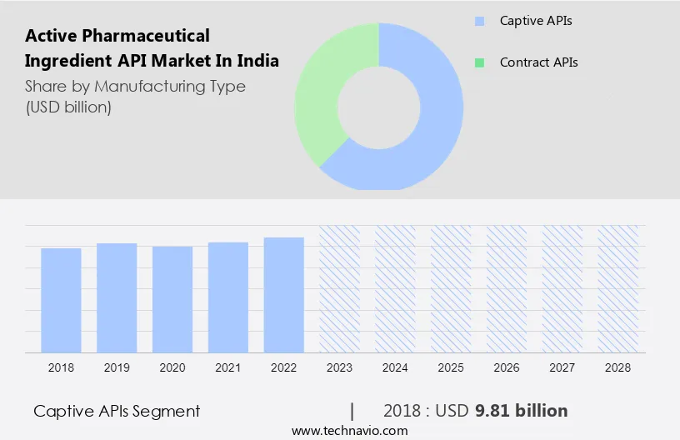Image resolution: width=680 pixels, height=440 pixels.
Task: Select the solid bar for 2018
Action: [x=61, y=300]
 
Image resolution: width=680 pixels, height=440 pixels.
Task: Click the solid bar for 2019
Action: [x=117, y=297]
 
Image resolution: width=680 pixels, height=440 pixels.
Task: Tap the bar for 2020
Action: [x=172, y=299]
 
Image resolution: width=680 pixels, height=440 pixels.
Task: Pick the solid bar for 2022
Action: [x=284, y=294]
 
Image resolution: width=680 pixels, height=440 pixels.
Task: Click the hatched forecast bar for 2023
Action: [x=340, y=288]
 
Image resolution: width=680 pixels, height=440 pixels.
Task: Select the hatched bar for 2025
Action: [x=451, y=288]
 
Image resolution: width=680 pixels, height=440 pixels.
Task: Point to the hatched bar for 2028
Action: [x=618, y=288]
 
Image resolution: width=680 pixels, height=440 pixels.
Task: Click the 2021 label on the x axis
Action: [x=228, y=367]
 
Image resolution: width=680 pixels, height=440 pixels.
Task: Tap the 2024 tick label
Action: [x=395, y=367]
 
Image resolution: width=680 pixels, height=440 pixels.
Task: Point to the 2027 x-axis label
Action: [x=562, y=367]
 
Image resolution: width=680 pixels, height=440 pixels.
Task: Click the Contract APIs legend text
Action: [x=538, y=62]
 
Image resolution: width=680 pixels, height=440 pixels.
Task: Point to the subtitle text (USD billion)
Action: [x=68, y=107]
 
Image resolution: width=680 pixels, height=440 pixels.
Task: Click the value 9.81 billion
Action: [x=521, y=411]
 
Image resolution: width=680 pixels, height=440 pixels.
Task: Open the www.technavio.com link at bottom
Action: [x=350, y=431]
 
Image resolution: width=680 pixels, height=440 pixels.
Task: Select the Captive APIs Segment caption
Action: [x=117, y=411]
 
